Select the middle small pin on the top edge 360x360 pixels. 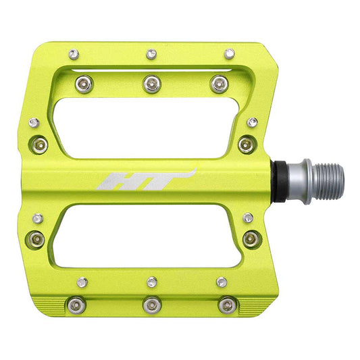152,53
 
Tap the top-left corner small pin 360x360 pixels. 72,53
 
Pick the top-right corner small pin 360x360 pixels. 230,53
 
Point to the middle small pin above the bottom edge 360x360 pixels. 152,281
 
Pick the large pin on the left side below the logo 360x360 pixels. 37,238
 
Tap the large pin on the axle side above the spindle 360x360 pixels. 247,143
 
